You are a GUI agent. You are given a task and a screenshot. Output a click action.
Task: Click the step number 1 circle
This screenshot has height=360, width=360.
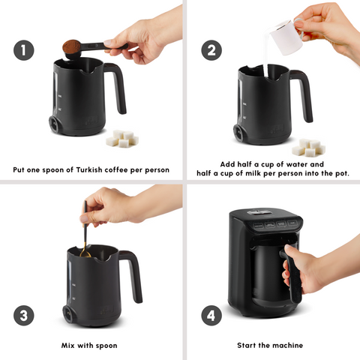coord(24,50)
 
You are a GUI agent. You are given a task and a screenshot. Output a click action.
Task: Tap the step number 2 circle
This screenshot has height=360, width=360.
coord(211,50)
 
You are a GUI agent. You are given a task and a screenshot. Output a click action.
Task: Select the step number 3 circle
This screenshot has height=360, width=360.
coord(24,315)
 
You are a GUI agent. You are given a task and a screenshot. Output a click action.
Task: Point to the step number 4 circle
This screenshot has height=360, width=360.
coord(211,315)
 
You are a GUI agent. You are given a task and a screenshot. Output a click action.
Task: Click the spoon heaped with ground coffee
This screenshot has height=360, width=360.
coord(73,46)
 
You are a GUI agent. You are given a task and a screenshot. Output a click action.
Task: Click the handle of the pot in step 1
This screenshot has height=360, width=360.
coord(115,86)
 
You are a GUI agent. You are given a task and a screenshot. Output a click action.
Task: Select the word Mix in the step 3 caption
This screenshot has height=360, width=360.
coord(71,345)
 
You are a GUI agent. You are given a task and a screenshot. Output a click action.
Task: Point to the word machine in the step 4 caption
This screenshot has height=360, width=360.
coord(286,345)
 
